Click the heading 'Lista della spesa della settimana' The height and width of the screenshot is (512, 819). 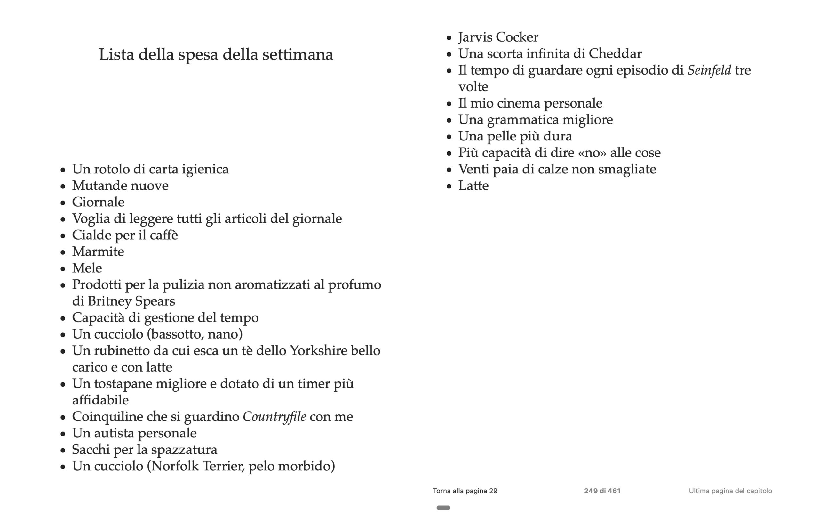(x=216, y=54)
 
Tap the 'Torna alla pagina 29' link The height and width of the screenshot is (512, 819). (x=465, y=491)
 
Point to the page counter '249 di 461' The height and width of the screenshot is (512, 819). (x=602, y=491)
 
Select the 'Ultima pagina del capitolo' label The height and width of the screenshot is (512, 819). (x=730, y=491)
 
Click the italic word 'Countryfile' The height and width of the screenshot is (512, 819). (x=274, y=417)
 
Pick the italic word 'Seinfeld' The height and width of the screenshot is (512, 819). (x=709, y=70)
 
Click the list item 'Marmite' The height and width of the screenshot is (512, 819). (x=98, y=252)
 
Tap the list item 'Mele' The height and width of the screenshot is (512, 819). (x=87, y=268)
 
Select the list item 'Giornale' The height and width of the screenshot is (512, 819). (x=98, y=202)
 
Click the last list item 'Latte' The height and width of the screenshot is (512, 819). (x=473, y=186)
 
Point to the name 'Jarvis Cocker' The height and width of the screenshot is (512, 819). (x=498, y=37)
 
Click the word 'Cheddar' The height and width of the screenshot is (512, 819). (x=615, y=53)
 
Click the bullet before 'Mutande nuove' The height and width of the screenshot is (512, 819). (x=63, y=186)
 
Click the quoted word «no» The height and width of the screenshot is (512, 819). (x=592, y=153)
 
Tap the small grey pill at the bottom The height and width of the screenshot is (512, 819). (x=443, y=508)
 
